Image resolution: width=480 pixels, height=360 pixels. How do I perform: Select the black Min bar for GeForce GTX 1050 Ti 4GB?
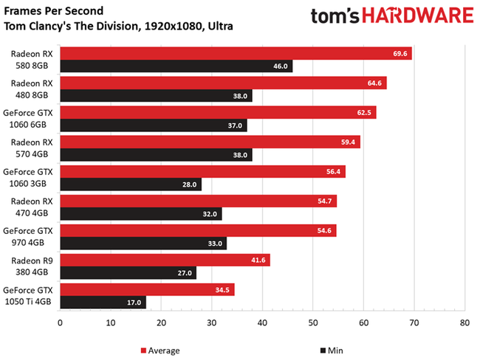(x=103, y=302)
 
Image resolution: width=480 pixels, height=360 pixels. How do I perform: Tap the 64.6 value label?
(x=374, y=83)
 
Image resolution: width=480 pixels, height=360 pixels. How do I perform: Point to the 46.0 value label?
(x=280, y=66)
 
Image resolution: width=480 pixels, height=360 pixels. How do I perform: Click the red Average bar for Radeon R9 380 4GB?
(x=164, y=260)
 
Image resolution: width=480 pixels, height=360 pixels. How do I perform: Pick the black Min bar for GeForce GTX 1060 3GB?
(x=130, y=184)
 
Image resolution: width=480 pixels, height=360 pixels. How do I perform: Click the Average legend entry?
(x=160, y=350)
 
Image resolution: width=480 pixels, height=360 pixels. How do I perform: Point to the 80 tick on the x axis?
(x=464, y=322)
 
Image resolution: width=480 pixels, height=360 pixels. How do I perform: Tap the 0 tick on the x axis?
(x=60, y=322)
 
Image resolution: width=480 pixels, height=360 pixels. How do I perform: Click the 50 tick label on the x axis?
(x=312, y=322)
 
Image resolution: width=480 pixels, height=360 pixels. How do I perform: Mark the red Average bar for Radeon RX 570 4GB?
(x=210, y=142)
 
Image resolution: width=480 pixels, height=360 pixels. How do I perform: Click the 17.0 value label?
(x=134, y=302)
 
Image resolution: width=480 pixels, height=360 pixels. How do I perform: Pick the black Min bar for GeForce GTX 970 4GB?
(x=143, y=243)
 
